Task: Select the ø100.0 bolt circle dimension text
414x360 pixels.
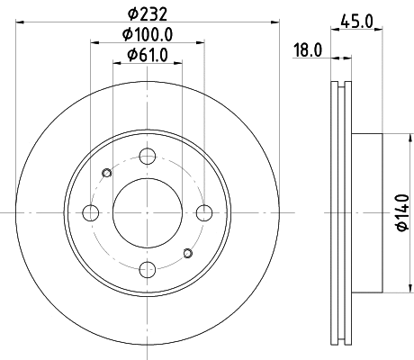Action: tap(148, 36)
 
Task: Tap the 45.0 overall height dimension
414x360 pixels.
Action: tap(357, 19)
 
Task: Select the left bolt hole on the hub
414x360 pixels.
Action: tap(91, 212)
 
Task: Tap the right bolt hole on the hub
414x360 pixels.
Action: tap(204, 212)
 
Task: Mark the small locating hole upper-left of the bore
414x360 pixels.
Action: tap(108, 173)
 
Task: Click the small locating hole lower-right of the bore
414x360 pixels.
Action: tap(187, 252)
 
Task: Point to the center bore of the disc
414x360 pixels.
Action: tap(148, 212)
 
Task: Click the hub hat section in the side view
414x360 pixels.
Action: tap(366, 212)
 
